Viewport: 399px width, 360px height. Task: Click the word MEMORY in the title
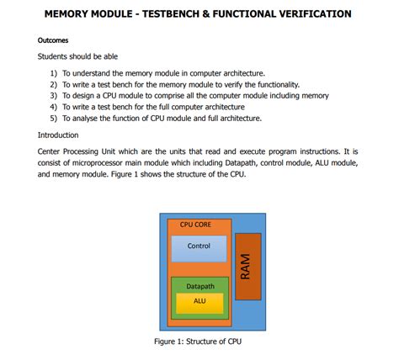tap(71, 14)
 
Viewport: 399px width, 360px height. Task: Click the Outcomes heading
tap(53, 40)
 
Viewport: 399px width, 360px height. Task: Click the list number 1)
tap(55, 73)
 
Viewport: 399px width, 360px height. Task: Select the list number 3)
tap(55, 96)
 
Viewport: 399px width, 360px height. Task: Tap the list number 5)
tap(55, 119)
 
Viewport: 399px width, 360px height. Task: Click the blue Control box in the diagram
tap(199, 247)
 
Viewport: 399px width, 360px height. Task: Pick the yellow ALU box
tap(199, 301)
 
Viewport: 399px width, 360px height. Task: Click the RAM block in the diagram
tap(247, 266)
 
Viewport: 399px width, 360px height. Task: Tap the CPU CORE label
tap(195, 225)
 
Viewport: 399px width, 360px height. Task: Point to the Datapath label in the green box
tap(199, 286)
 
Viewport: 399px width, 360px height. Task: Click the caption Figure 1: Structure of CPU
tap(199, 341)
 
